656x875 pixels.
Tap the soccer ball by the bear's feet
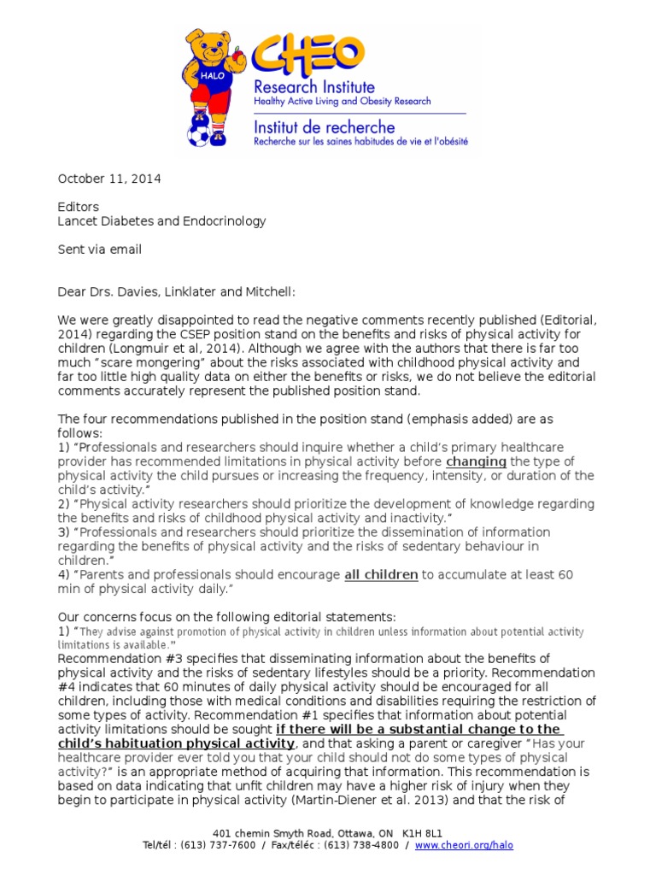coord(198,135)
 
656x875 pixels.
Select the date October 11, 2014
coord(108,179)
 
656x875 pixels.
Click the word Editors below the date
coord(78,207)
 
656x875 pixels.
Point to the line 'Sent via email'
coord(99,250)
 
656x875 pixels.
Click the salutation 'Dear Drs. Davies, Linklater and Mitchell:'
coord(176,291)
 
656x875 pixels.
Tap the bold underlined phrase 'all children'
coord(381,575)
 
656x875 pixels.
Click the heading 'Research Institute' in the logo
coord(313,87)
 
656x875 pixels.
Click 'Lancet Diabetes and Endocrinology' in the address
coord(161,221)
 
